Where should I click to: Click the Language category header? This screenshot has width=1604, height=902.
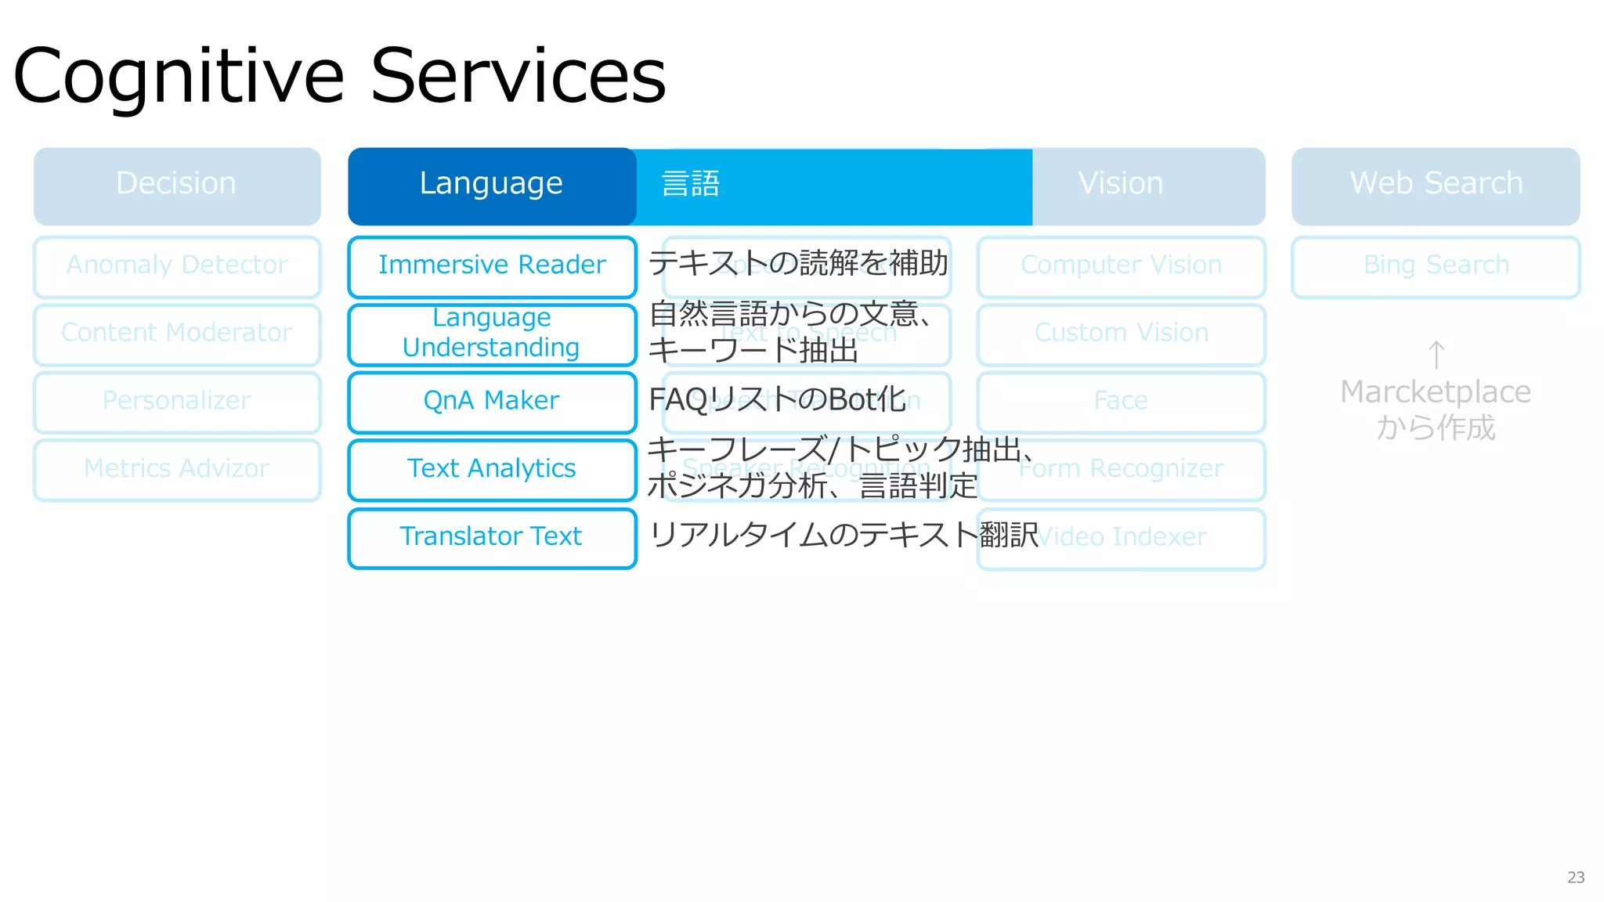(491, 185)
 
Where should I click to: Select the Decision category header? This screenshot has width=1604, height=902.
(177, 185)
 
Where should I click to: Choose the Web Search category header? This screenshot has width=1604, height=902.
(1436, 185)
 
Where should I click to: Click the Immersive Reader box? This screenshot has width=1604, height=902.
(492, 266)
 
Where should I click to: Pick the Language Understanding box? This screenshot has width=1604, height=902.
(492, 334)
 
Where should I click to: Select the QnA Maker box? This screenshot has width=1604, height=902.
(492, 402)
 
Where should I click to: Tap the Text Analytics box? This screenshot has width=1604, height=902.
(492, 469)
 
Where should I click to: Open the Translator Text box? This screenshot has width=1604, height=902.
(492, 537)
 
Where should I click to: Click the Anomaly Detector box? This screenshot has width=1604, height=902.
(177, 266)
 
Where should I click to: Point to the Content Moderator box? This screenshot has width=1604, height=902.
(177, 334)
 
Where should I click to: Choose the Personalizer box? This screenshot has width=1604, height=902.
(177, 402)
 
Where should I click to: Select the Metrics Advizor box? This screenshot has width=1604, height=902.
(177, 469)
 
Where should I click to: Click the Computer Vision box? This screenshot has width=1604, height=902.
(1121, 266)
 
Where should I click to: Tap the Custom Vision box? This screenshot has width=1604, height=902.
(1121, 334)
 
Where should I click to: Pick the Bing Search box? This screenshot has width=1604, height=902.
(1436, 266)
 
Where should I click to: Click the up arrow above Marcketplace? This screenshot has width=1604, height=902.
(1436, 355)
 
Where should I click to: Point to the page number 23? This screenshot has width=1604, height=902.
(1576, 878)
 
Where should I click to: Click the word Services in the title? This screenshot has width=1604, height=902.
(518, 76)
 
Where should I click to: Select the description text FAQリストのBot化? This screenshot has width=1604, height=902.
(777, 400)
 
